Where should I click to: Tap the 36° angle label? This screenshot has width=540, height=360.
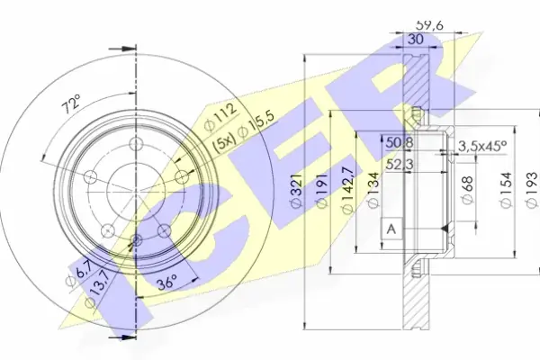pos(167,284)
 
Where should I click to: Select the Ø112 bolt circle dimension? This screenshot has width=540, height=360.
pos(220,117)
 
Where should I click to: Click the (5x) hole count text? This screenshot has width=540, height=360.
pos(223,142)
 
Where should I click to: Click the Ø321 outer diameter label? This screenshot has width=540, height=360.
pos(297,191)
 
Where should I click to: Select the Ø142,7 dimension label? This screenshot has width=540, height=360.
pos(347,190)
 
